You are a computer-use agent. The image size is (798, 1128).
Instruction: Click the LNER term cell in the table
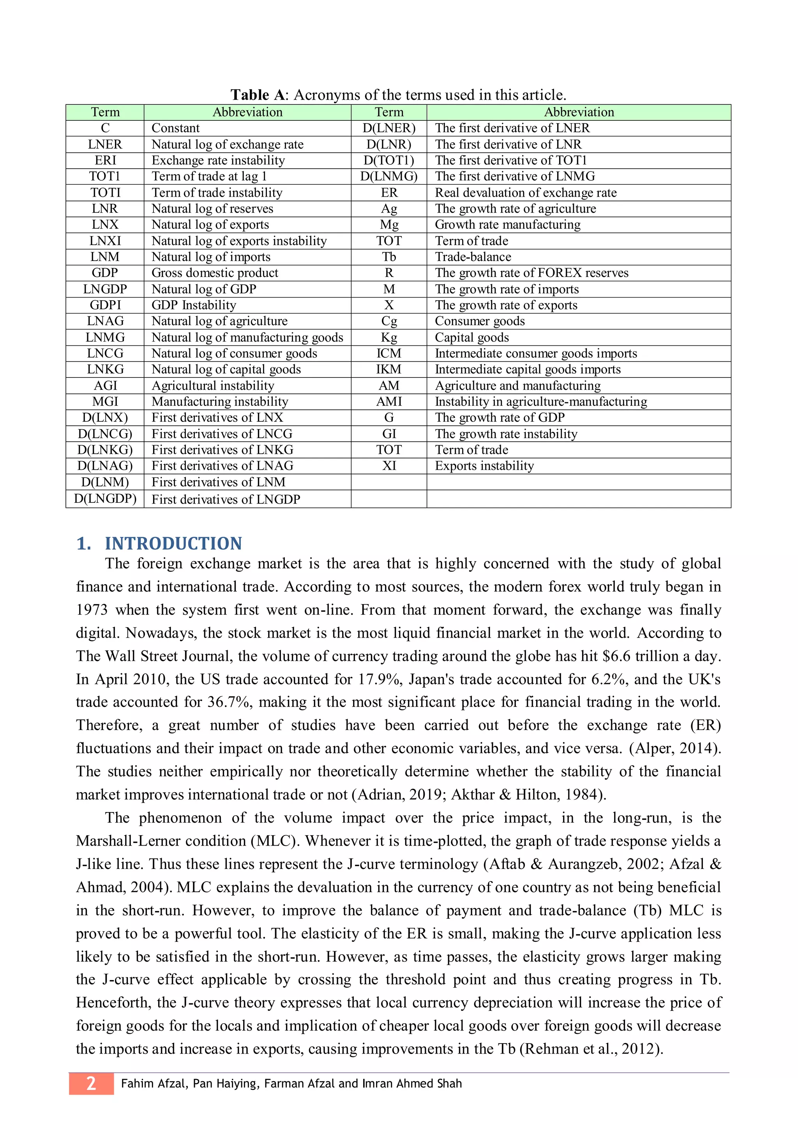coord(105,145)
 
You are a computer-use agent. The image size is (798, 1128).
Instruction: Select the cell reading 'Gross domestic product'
coord(215,273)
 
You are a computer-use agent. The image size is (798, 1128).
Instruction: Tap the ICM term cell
coord(389,353)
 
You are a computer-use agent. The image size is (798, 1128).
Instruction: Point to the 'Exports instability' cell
coord(484,466)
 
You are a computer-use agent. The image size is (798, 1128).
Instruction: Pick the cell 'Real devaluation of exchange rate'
coord(525,192)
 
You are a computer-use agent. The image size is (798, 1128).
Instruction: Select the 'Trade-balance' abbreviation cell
coord(473,257)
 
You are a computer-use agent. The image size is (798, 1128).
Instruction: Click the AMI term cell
coord(389,402)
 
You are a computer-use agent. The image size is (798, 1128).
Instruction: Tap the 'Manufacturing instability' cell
coord(220,402)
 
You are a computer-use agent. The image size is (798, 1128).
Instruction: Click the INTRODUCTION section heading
coord(173,543)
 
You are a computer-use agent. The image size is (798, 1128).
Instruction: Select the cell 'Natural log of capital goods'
coord(226,370)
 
